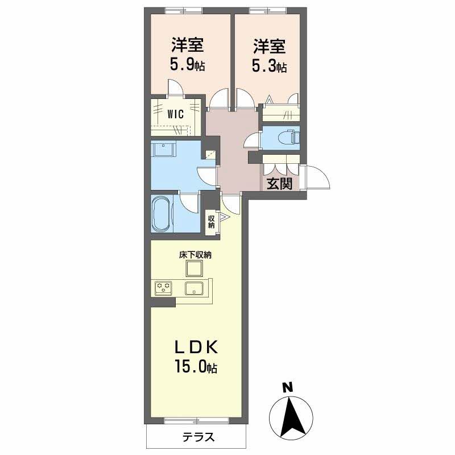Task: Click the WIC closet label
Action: [x=176, y=114]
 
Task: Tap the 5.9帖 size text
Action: [x=188, y=65]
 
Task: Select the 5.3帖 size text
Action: [x=270, y=67]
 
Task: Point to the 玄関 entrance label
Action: [x=279, y=183]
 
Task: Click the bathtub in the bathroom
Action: [x=162, y=214]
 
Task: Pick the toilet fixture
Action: [x=288, y=137]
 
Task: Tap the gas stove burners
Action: [x=163, y=288]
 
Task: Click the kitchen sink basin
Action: [x=195, y=288]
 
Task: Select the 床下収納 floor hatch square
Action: [x=195, y=268]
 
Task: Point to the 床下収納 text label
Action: [x=195, y=255]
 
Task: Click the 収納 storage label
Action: [x=211, y=222]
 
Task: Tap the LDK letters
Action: [x=196, y=347]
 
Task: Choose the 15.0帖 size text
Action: [x=196, y=366]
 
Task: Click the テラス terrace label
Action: [x=198, y=437]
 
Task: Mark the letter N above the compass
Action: [x=288, y=387]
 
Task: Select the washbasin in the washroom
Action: [x=163, y=150]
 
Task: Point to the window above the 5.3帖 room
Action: [x=268, y=10]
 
